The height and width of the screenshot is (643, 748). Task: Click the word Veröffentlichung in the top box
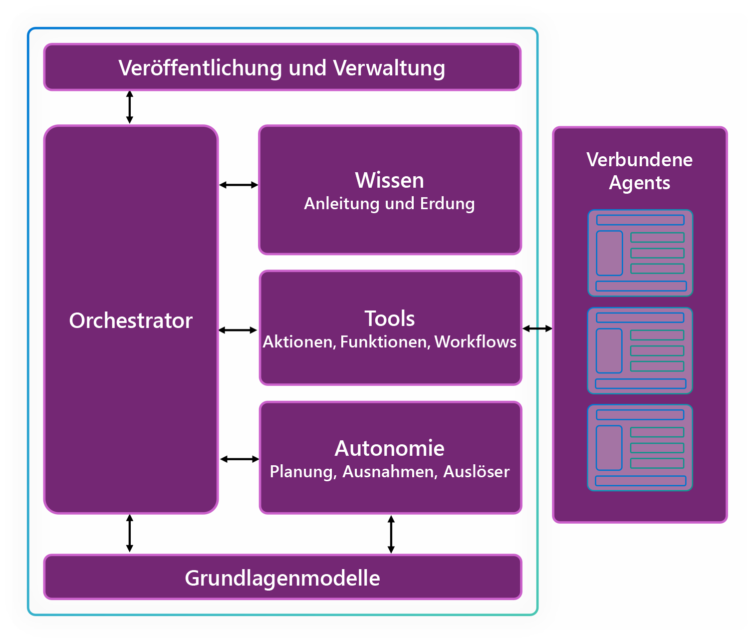[x=200, y=68]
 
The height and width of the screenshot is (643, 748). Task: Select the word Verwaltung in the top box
[x=389, y=68]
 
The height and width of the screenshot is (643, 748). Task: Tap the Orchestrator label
[x=131, y=321]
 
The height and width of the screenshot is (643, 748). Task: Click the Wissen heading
[x=389, y=180]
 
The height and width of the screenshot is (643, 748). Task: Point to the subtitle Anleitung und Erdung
[x=389, y=204]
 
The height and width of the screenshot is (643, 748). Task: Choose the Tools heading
[x=389, y=319]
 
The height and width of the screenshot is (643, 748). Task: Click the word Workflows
[x=475, y=342]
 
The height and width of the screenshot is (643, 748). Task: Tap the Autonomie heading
[x=389, y=449]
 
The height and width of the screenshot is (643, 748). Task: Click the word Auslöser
[x=476, y=471]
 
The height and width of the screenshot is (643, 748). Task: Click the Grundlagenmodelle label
[x=282, y=578]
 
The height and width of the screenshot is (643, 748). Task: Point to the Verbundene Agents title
[x=639, y=171]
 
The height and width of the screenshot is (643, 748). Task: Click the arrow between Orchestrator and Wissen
[x=239, y=185]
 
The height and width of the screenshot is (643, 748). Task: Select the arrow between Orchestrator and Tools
[x=238, y=330]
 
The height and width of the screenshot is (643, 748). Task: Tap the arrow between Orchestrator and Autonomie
[x=240, y=459]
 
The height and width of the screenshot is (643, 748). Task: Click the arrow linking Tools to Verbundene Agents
[x=537, y=329]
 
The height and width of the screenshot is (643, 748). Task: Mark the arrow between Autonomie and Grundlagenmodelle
[x=391, y=534]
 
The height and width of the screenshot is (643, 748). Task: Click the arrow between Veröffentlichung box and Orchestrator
[x=130, y=107]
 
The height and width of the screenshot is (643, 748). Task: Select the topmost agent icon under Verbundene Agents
[x=641, y=253]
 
